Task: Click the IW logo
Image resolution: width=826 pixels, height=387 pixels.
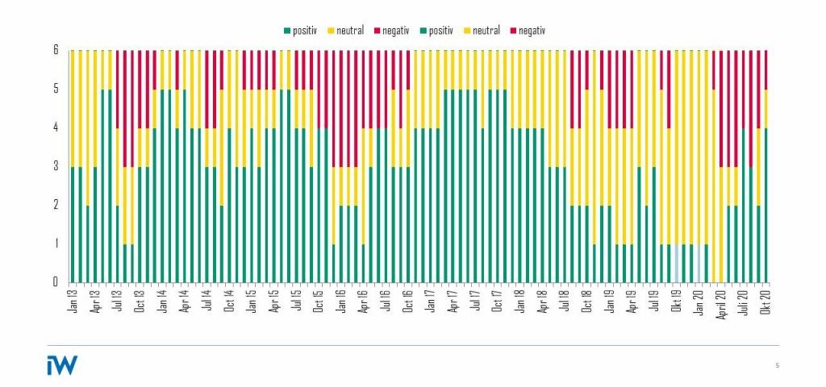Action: pos(62,365)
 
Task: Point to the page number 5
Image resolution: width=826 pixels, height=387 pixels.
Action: pos(778,366)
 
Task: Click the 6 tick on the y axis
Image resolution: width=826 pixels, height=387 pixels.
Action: pos(56,50)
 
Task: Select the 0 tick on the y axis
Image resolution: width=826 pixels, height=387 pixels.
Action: pos(56,282)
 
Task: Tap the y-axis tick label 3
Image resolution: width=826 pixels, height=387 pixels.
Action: pos(56,166)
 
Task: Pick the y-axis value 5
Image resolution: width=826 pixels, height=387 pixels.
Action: pos(56,89)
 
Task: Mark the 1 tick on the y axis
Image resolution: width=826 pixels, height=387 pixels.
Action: pos(56,243)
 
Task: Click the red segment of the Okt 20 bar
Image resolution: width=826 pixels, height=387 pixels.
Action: pos(766,69)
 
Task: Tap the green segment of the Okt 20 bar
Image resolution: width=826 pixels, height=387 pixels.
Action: pos(766,205)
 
